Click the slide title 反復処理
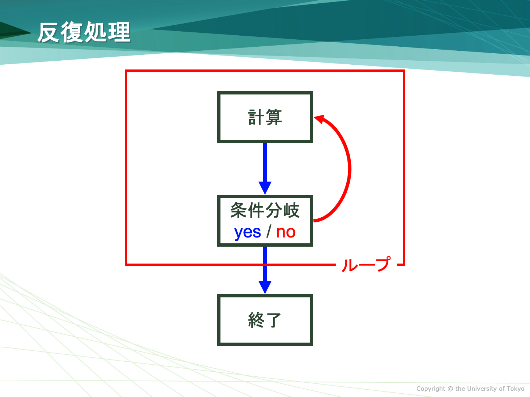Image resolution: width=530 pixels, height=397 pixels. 84,32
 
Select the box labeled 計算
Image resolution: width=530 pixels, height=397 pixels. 265,117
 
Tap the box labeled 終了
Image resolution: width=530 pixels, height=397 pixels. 265,320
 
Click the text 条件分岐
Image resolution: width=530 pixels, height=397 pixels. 265,210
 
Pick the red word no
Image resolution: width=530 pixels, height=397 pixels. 286,232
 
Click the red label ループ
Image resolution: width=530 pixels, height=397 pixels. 366,264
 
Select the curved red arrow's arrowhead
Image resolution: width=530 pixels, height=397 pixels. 319,119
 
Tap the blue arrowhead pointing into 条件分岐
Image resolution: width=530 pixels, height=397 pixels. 265,188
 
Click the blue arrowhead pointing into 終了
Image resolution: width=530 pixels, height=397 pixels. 265,287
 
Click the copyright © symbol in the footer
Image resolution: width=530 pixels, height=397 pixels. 450,389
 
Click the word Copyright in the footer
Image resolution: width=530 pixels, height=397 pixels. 431,389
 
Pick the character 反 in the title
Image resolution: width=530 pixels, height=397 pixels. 48,33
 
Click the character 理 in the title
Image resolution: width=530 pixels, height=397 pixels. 119,32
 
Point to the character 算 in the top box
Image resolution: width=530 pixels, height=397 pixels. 273,117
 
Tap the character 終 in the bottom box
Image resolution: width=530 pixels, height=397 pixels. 256,320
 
